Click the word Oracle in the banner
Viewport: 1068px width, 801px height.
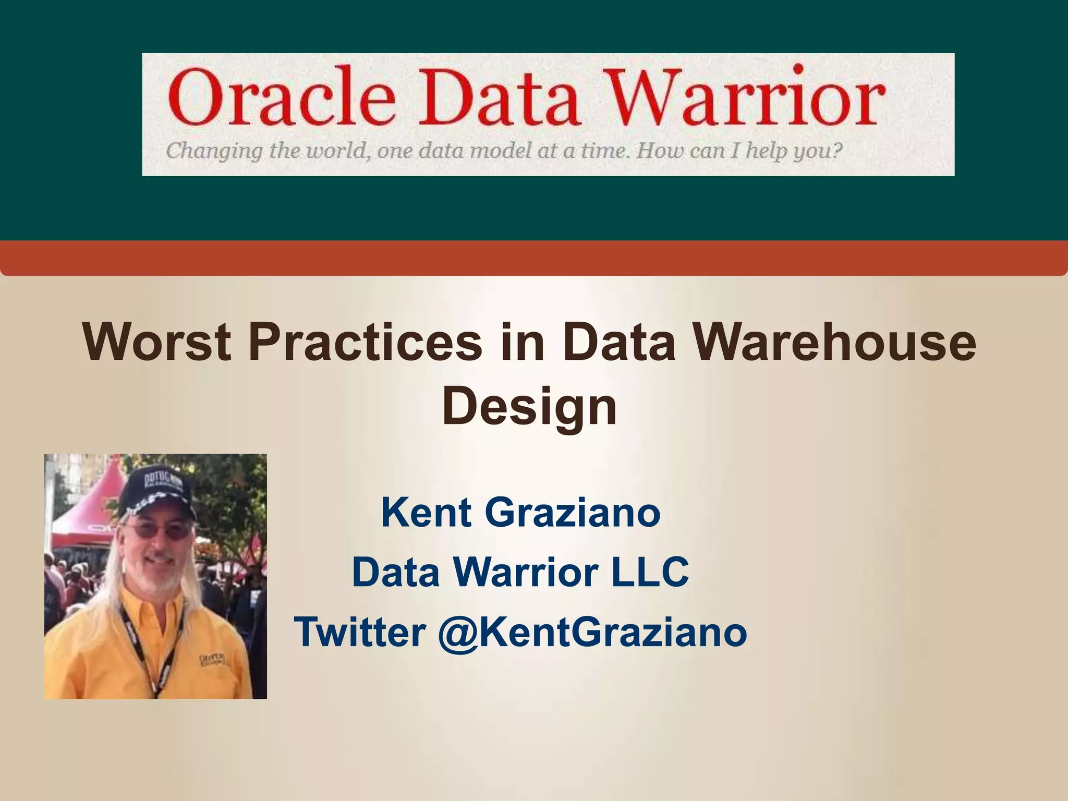pos(281,97)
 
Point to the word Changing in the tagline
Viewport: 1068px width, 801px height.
pos(214,152)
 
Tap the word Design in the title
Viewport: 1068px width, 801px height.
pos(530,407)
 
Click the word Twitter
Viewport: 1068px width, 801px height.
pos(360,632)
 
